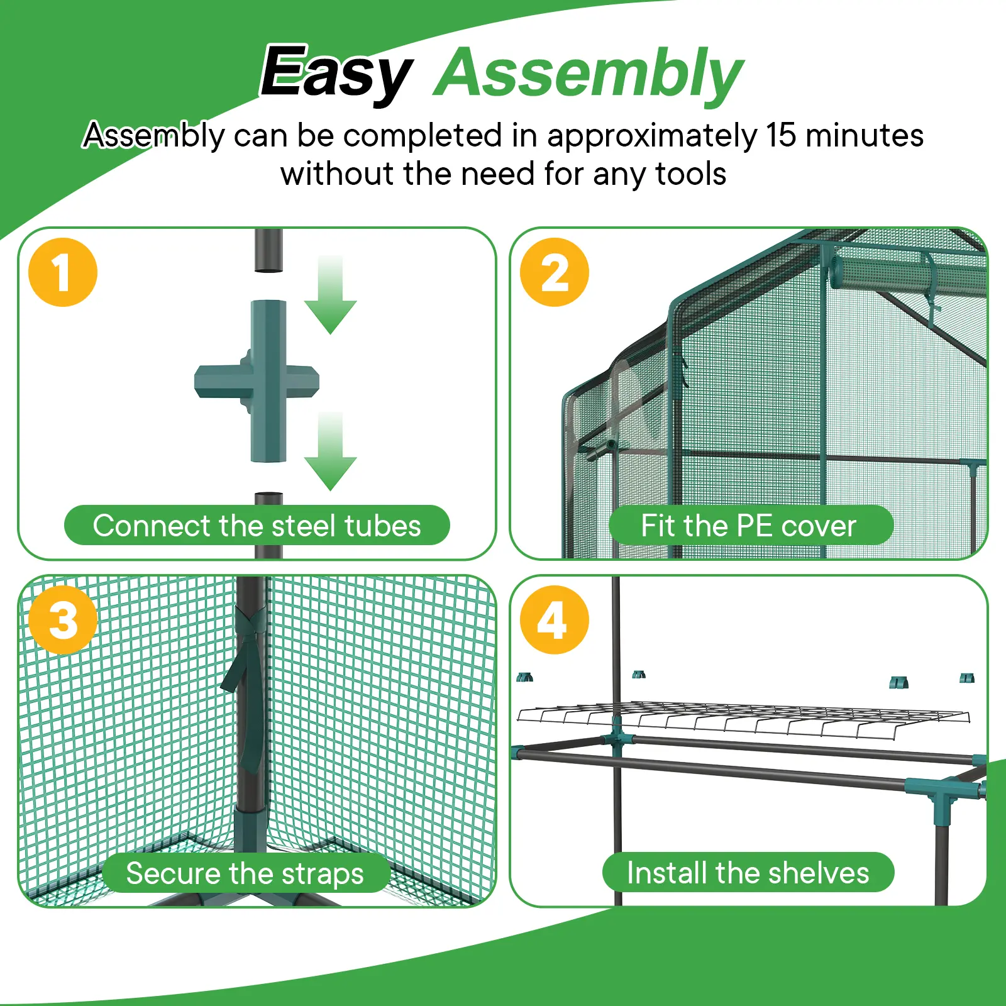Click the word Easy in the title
tap(336, 74)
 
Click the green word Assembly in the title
tap(589, 74)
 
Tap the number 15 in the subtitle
tap(782, 135)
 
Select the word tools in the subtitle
tap(690, 174)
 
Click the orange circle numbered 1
tap(63, 272)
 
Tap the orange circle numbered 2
tap(555, 272)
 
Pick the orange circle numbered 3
tap(63, 620)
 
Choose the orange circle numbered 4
tap(555, 620)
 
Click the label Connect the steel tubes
tap(257, 526)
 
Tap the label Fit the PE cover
tap(749, 526)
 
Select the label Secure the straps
tap(245, 873)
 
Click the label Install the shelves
tap(748, 873)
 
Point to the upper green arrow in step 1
tap(331, 296)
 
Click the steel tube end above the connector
tap(268, 250)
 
